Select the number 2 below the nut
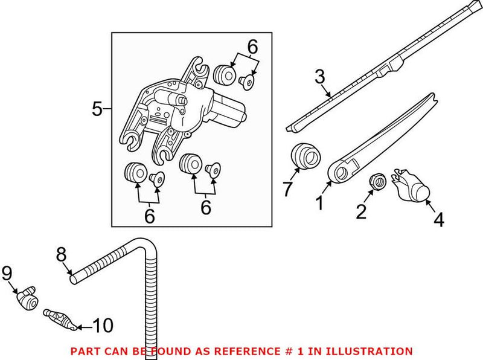pos(360,212)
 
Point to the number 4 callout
pos(439,220)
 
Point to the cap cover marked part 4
pos(410,185)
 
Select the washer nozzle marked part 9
pos(25,297)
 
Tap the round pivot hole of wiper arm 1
pos(339,173)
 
